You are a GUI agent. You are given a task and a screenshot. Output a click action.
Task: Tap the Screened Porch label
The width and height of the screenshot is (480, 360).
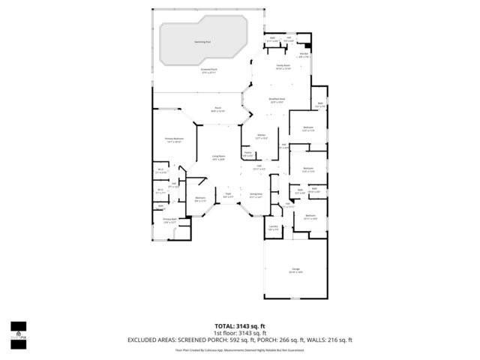point(208,72)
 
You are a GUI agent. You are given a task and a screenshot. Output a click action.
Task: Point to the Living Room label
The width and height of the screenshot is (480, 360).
point(218,157)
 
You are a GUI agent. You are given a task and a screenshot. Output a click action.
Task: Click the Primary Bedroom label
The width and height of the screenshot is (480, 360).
point(174,139)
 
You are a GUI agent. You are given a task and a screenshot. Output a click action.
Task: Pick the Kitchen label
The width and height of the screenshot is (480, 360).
point(261,137)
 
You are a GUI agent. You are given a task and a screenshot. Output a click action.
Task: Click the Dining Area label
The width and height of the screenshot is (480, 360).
point(256,196)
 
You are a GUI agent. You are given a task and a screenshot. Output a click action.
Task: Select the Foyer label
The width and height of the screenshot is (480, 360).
point(227,196)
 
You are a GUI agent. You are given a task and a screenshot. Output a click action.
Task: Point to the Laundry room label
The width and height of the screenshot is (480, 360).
point(273,226)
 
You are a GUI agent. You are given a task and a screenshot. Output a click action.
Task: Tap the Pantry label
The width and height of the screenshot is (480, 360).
point(247,154)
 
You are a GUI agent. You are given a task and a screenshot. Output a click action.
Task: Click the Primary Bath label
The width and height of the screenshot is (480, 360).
point(169,220)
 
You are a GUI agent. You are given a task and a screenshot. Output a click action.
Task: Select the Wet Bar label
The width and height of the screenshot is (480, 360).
point(304,55)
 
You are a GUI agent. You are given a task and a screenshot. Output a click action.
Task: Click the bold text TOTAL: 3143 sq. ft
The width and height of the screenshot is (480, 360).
point(239,326)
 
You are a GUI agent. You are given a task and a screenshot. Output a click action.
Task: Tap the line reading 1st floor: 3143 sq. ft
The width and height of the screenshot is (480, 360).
point(239,333)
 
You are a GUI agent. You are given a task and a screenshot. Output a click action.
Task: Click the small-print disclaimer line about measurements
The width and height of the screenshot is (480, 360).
point(239,349)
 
